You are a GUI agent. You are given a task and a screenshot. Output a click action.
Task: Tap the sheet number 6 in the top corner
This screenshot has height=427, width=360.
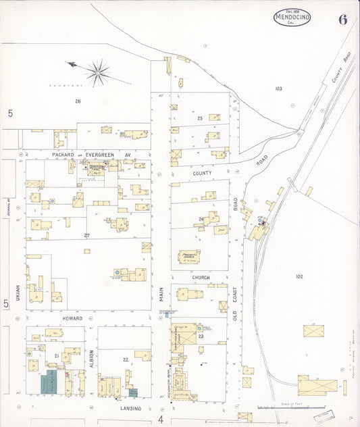pos(343,19)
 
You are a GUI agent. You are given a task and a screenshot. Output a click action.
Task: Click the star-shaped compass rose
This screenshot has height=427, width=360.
pos(98,72)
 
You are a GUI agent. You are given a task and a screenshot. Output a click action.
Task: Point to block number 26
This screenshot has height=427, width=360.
pos(78,101)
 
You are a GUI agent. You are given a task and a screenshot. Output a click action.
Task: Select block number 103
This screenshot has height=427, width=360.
pos(278,89)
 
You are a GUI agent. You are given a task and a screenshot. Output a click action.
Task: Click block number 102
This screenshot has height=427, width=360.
pos(299,276)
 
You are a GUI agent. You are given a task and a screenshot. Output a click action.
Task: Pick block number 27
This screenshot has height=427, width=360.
pos(86,235)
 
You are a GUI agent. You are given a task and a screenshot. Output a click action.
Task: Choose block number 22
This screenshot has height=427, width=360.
pos(125,359)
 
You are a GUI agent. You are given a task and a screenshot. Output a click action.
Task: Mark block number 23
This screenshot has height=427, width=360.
pos(201,336)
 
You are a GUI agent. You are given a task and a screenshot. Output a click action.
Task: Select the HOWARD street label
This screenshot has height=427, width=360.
pos(72,318)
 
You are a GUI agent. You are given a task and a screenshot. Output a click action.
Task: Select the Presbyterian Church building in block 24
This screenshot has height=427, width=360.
pos(189,256)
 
